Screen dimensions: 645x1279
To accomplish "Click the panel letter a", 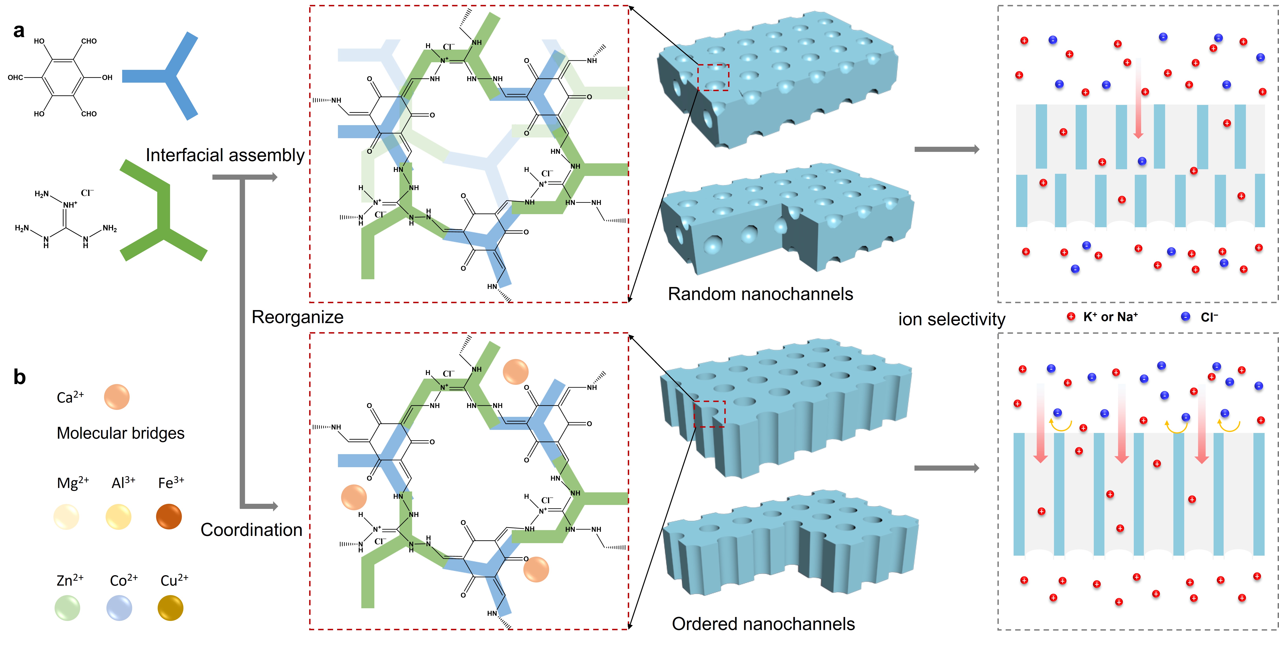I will (x=19, y=31).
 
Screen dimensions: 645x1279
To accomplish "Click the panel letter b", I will (x=19, y=377).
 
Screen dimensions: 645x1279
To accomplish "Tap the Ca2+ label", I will (x=70, y=397).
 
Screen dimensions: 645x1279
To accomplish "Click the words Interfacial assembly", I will (x=225, y=155).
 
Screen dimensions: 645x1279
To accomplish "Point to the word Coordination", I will (x=251, y=530).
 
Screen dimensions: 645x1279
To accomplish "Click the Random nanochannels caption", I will (x=760, y=294).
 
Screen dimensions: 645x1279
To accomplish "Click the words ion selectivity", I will (x=951, y=319).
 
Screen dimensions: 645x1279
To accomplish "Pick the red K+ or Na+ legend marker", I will (x=1071, y=317).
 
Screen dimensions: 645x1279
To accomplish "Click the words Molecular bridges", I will (x=121, y=433).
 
